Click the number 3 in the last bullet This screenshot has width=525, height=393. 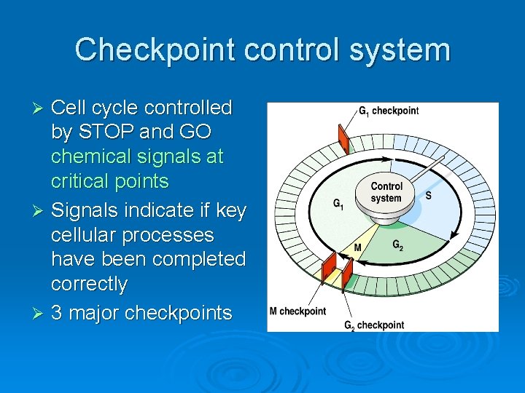[x=58, y=314]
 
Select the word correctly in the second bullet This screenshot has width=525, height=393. [x=89, y=284]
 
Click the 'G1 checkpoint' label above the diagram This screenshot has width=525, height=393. [x=388, y=111]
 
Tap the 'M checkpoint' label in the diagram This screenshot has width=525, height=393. [x=297, y=311]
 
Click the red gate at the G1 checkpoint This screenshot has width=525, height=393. [x=343, y=137]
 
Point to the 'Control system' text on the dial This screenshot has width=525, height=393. [x=386, y=192]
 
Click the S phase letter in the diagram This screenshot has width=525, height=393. [x=428, y=195]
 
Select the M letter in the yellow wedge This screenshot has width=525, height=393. [x=357, y=247]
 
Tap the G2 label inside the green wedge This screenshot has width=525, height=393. [x=397, y=245]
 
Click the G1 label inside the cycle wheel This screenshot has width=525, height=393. [x=338, y=205]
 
